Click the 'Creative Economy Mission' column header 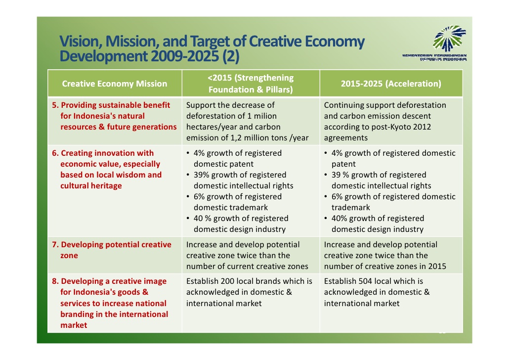[115, 84]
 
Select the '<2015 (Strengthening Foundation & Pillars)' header [251, 84]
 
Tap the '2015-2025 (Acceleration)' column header [391, 84]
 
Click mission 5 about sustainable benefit [115, 116]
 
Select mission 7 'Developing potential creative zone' [112, 250]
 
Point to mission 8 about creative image [111, 303]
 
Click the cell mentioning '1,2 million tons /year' [251, 121]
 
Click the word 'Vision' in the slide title [79, 42]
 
